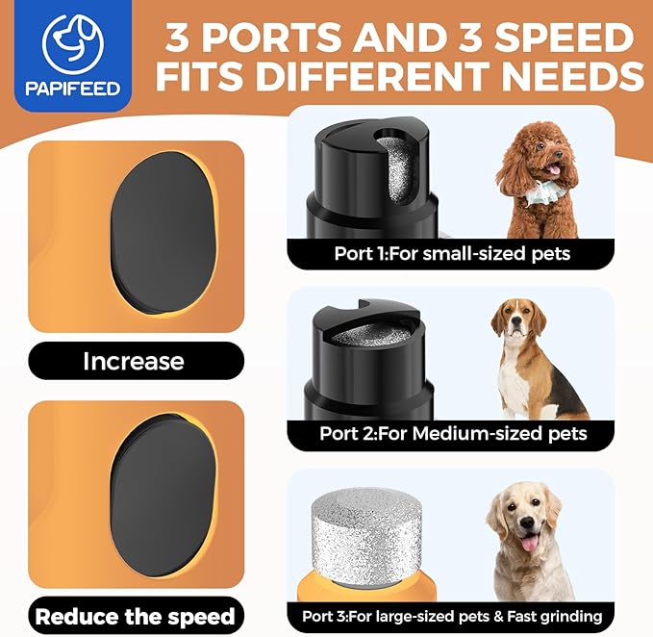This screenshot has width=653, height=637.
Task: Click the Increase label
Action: [x=133, y=361]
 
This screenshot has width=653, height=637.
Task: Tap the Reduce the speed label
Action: [x=135, y=615]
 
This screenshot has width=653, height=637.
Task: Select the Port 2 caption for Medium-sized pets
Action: [x=453, y=434]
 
